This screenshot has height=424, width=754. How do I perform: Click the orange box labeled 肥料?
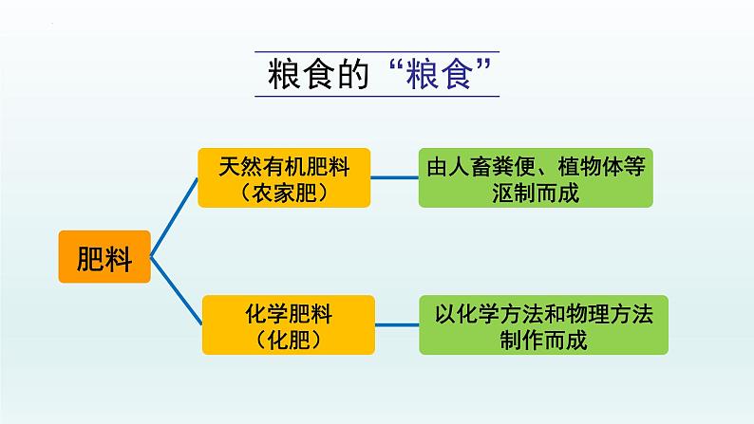(x=104, y=257)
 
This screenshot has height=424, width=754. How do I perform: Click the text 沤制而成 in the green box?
(x=537, y=193)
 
